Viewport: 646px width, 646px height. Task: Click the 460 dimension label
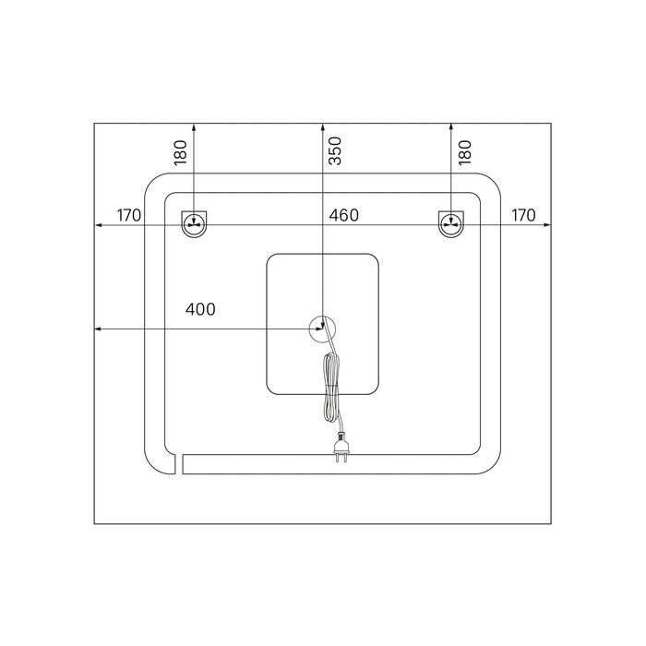[343, 215]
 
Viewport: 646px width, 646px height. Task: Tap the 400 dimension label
[200, 309]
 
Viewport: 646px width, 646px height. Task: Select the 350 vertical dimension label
[335, 150]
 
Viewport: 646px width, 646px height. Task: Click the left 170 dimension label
[129, 215]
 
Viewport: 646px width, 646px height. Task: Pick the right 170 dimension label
[523, 215]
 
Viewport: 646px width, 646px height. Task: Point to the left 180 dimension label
[181, 152]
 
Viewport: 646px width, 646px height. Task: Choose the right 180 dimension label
[465, 152]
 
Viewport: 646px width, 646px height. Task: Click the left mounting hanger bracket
[194, 224]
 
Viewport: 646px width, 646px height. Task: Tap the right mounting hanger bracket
[451, 224]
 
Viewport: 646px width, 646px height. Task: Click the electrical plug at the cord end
[341, 448]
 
